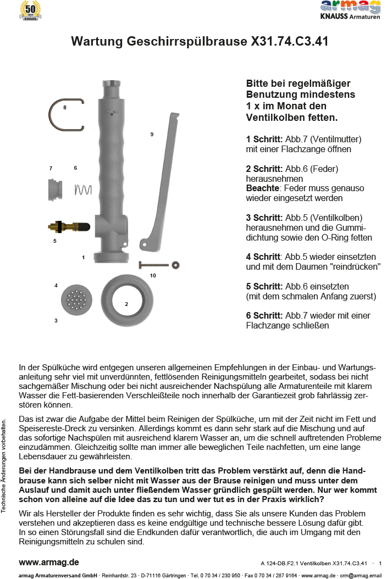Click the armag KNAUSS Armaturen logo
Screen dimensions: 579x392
pos(350,11)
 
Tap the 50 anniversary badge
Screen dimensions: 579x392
pos(30,10)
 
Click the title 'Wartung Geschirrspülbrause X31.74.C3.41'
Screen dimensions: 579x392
pos(200,41)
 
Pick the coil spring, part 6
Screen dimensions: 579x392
pos(82,190)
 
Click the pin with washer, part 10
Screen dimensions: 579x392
pos(159,265)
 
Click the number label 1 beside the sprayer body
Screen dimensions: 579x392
pos(83,257)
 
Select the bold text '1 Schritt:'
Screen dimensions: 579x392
pos(264,140)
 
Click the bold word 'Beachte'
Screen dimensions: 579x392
pos(262,188)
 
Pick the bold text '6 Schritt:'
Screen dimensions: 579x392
pos(264,316)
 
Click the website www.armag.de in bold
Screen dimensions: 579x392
pos(49,563)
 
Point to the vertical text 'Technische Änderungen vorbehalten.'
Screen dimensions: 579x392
pos(4,466)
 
